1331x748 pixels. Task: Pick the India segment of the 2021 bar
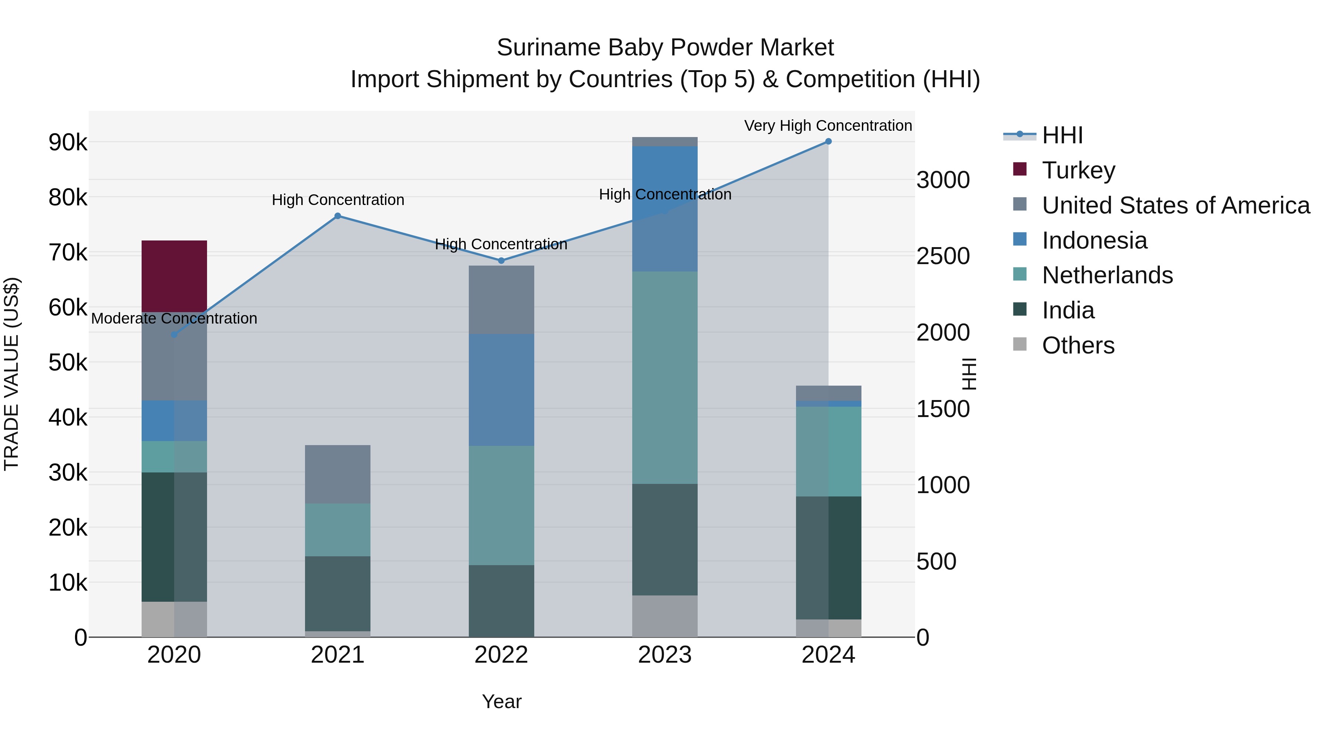[338, 593]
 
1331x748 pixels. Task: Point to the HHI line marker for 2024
[828, 141]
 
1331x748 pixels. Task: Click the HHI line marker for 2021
[338, 216]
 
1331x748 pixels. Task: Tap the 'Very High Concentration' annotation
[828, 126]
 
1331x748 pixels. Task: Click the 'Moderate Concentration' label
[174, 318]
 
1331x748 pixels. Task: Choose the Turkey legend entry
[1078, 170]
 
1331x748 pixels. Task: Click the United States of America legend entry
[1175, 205]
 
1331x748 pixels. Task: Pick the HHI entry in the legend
[1062, 135]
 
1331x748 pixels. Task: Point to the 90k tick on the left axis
[68, 143]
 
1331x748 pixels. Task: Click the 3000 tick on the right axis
[943, 180]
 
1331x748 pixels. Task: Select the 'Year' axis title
[501, 701]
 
